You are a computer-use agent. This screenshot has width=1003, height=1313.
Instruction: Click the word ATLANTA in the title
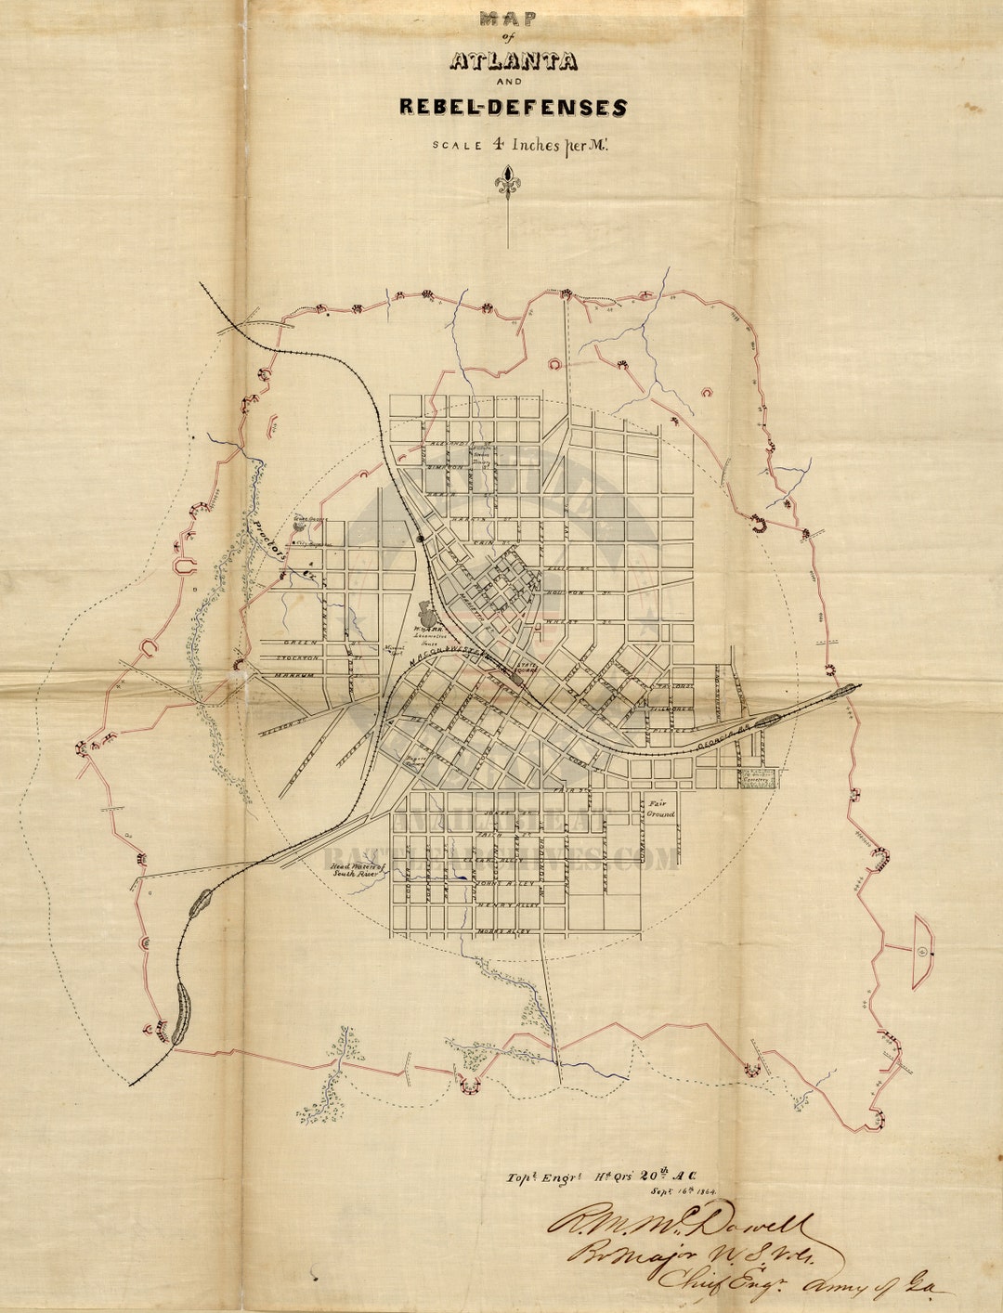[x=513, y=62]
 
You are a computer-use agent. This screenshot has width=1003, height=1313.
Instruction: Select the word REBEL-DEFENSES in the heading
[x=513, y=107]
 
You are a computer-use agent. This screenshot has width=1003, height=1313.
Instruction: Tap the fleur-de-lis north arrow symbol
[x=507, y=180]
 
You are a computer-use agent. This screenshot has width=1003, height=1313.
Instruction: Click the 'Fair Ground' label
[x=661, y=808]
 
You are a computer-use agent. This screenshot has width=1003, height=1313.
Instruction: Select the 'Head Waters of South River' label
[x=356, y=869]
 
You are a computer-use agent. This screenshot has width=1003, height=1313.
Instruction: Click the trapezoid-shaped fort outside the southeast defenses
[x=921, y=952]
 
